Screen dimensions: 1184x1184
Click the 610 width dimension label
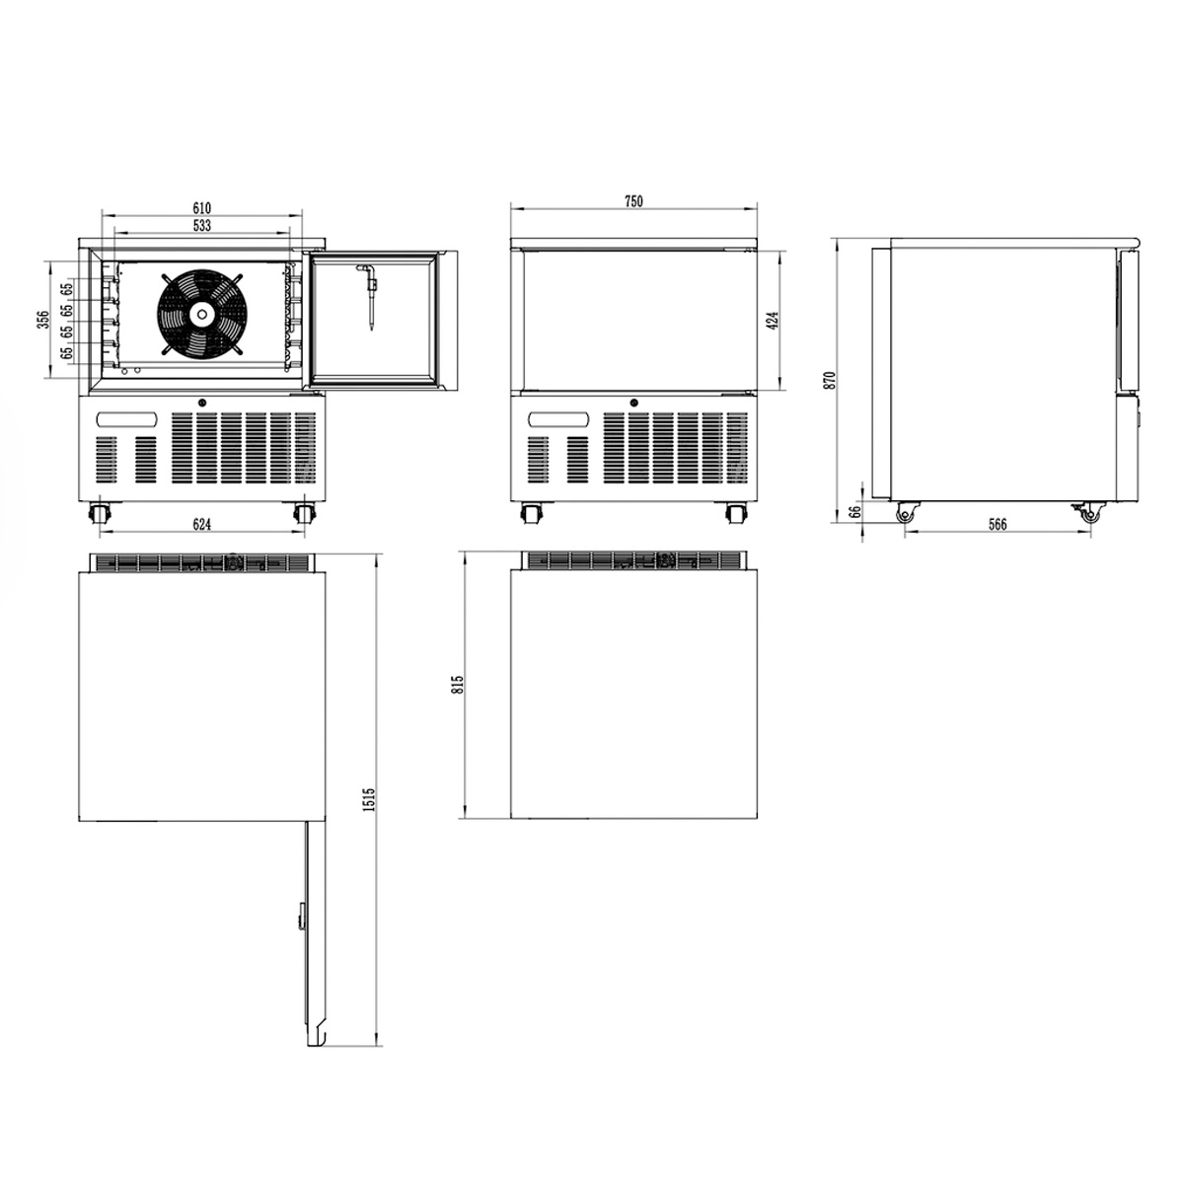(x=202, y=207)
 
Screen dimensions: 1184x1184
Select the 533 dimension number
(x=202, y=226)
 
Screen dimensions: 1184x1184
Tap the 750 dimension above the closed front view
(x=633, y=201)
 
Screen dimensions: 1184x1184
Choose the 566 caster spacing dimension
(x=998, y=524)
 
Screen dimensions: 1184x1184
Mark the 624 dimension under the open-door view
(x=202, y=524)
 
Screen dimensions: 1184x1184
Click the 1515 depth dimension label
(x=369, y=799)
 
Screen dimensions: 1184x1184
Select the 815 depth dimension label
(x=457, y=685)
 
